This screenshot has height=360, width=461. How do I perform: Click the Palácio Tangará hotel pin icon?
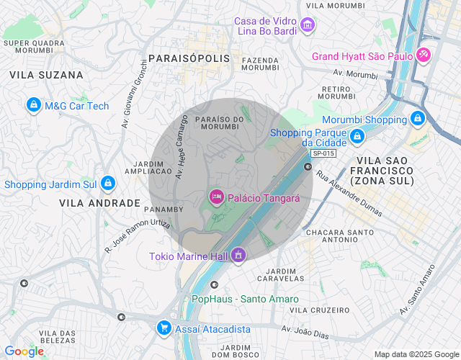(x=216, y=197)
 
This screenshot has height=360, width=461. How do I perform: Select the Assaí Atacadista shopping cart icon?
(x=164, y=328)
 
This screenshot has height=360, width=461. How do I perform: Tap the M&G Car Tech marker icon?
(x=32, y=106)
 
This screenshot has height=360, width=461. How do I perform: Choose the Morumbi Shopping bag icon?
(x=416, y=118)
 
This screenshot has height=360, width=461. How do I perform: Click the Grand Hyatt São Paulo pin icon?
(x=423, y=55)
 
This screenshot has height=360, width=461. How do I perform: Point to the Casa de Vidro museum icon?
(x=308, y=27)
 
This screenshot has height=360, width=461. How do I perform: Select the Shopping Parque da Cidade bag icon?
(x=357, y=135)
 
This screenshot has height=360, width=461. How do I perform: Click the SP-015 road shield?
(x=323, y=153)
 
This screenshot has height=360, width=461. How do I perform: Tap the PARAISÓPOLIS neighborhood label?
(x=189, y=58)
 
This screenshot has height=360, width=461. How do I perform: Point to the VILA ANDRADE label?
(x=99, y=203)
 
